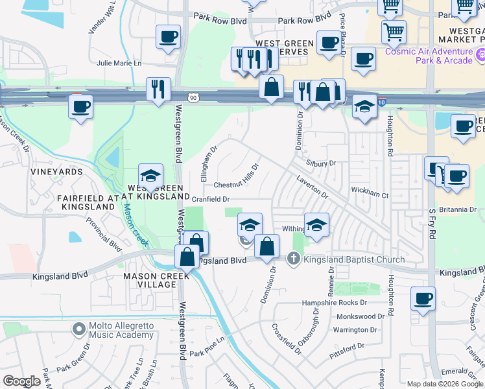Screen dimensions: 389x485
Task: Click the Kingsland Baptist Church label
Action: coord(354,259)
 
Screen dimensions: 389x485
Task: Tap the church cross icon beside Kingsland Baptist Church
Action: coord(293,259)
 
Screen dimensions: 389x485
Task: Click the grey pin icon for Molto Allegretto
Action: coord(79,329)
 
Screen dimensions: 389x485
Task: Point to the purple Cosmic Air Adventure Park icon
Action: coord(480,56)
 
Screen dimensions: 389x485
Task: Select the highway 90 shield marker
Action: coord(193,97)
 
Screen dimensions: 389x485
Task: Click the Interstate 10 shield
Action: coord(382,102)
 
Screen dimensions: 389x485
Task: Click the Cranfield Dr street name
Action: coord(211,199)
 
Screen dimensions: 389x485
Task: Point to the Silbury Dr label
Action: coord(322,164)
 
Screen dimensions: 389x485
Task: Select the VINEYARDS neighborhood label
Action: coord(56,172)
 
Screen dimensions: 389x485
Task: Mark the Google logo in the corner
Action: coord(21,381)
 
